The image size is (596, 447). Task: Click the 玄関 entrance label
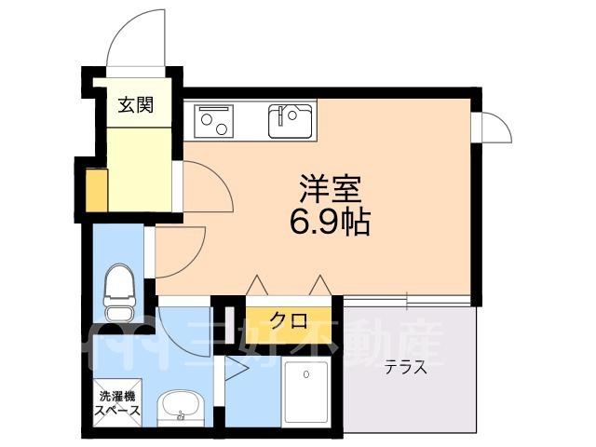136,105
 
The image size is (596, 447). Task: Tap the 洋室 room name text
330,189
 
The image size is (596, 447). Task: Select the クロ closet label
289,321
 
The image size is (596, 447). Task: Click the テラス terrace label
405,368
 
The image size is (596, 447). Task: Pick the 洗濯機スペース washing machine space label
117,403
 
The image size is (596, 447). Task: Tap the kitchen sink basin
291,121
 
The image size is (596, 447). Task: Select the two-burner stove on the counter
214,121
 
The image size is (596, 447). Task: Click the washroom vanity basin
181,409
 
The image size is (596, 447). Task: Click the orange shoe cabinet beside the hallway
97,190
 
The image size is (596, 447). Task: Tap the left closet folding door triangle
257,285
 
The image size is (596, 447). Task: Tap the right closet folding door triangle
320,285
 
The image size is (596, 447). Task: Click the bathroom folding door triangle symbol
237,369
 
